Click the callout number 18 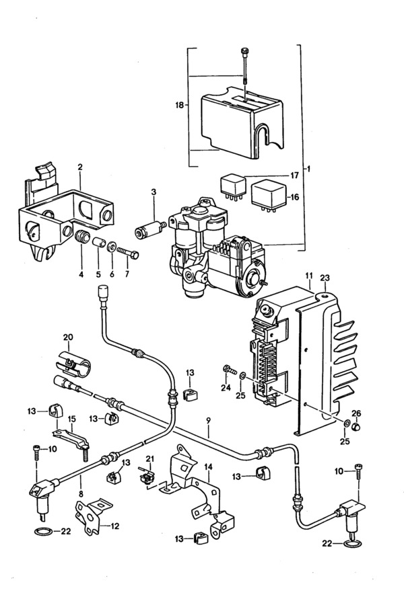[179, 105]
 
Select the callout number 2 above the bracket [80, 167]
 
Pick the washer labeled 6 [112, 246]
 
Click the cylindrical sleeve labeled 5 [98, 243]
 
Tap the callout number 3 [154, 192]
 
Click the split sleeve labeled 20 [73, 364]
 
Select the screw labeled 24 [230, 370]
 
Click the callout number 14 [208, 467]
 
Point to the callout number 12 [115, 526]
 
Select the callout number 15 [72, 419]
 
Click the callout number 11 [308, 276]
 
